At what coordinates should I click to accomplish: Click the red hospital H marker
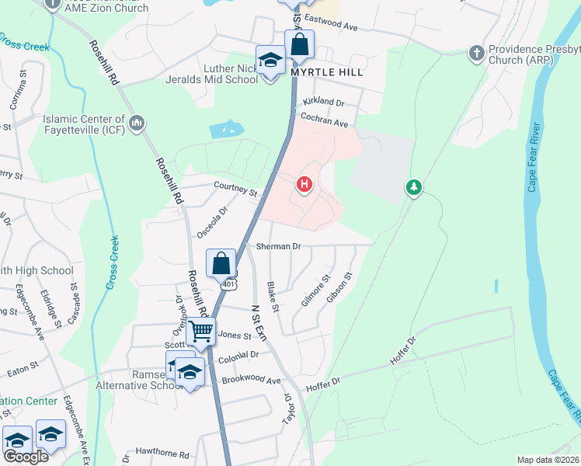click(304, 185)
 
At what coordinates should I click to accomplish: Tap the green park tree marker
click(414, 187)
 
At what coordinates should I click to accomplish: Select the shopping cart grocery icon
click(201, 332)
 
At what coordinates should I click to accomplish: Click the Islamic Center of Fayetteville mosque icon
click(137, 123)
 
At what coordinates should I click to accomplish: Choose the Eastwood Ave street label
click(330, 23)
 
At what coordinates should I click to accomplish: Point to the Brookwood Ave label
click(251, 381)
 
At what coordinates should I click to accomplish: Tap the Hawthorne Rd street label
click(162, 454)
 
